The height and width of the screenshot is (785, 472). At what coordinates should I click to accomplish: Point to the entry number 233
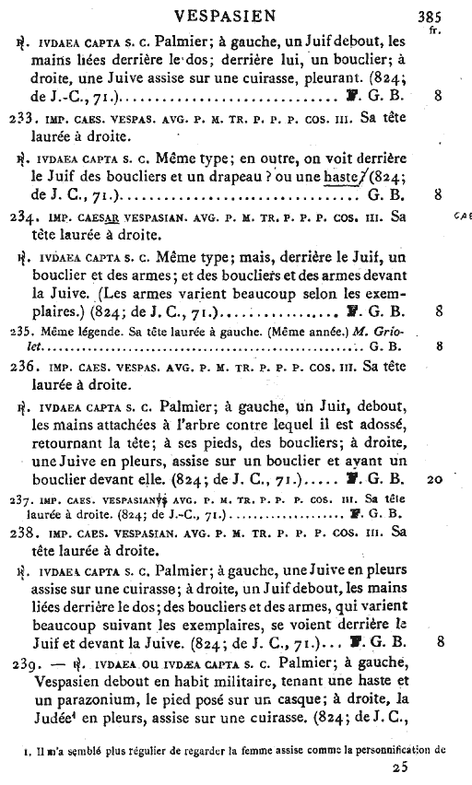(18, 119)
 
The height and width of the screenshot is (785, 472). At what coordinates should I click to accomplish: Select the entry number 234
(18, 219)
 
